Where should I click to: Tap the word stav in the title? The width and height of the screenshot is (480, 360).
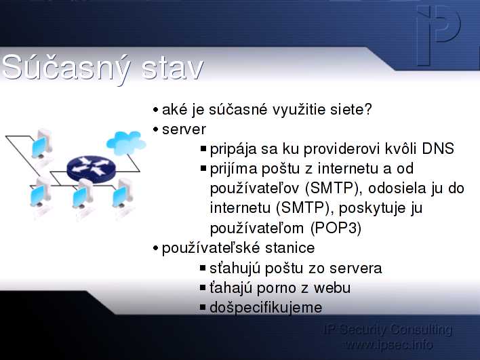click(x=173, y=68)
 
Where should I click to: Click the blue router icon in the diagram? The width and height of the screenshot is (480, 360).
click(x=92, y=169)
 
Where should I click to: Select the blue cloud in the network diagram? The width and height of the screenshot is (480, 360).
click(x=126, y=142)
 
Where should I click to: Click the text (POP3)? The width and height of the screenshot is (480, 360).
click(x=336, y=228)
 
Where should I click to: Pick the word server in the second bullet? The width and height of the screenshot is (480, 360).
click(x=184, y=129)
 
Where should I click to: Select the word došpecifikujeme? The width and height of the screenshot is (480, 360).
click(x=266, y=308)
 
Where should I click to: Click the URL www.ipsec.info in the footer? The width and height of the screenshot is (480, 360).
click(x=388, y=344)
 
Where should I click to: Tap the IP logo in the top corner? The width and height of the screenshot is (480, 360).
click(x=438, y=35)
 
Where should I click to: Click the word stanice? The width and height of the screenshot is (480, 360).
click(x=289, y=248)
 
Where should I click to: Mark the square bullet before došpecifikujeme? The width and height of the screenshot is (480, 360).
click(x=203, y=307)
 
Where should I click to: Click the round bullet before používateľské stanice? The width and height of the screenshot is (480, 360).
click(x=155, y=247)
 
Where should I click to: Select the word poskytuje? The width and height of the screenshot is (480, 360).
click(x=373, y=208)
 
